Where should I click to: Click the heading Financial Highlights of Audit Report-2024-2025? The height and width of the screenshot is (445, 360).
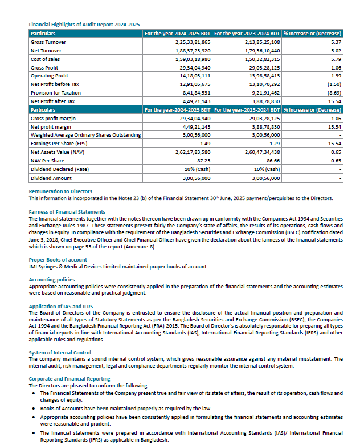point(84,25)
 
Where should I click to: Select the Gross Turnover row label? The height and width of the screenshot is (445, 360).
point(48,42)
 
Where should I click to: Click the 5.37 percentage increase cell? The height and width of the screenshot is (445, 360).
point(336,42)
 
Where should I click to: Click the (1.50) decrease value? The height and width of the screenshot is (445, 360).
point(334,84)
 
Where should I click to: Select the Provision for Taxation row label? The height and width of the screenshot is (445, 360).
point(57,92)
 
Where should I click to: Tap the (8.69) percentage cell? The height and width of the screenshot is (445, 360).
point(334,92)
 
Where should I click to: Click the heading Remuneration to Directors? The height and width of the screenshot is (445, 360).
point(60,191)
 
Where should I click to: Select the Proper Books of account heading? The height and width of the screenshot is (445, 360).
point(58,260)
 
